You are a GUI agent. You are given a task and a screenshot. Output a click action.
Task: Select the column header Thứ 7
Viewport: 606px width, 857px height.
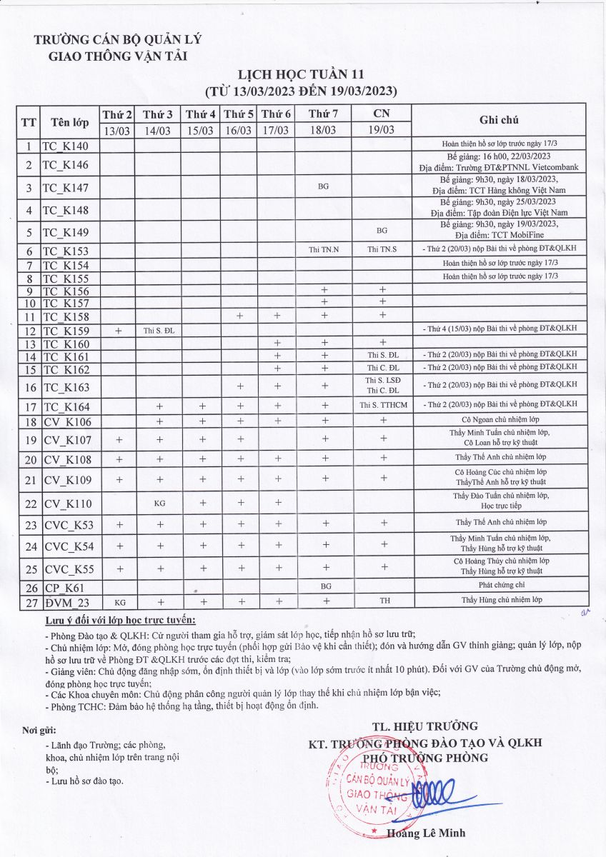coord(324,114)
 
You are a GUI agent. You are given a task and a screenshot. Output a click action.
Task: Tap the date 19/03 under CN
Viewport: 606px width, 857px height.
coord(382,130)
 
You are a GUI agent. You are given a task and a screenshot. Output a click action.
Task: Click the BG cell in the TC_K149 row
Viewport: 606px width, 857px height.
coord(382,231)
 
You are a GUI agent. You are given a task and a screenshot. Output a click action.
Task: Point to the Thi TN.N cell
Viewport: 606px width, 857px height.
coord(324,249)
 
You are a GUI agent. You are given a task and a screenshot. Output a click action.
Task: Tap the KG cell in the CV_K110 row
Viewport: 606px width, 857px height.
coord(160,503)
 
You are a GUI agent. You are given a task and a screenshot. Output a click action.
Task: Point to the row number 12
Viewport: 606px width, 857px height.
coord(29,331)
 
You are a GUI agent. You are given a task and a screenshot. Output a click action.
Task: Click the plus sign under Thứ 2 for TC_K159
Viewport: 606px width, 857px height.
coord(118,330)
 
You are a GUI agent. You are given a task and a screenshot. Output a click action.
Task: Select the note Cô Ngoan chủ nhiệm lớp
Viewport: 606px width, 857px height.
coord(500,421)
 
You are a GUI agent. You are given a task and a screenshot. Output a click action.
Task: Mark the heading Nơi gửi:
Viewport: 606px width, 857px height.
coord(39,730)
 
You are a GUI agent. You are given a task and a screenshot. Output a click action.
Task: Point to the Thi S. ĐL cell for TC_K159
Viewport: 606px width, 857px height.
coord(159,331)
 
